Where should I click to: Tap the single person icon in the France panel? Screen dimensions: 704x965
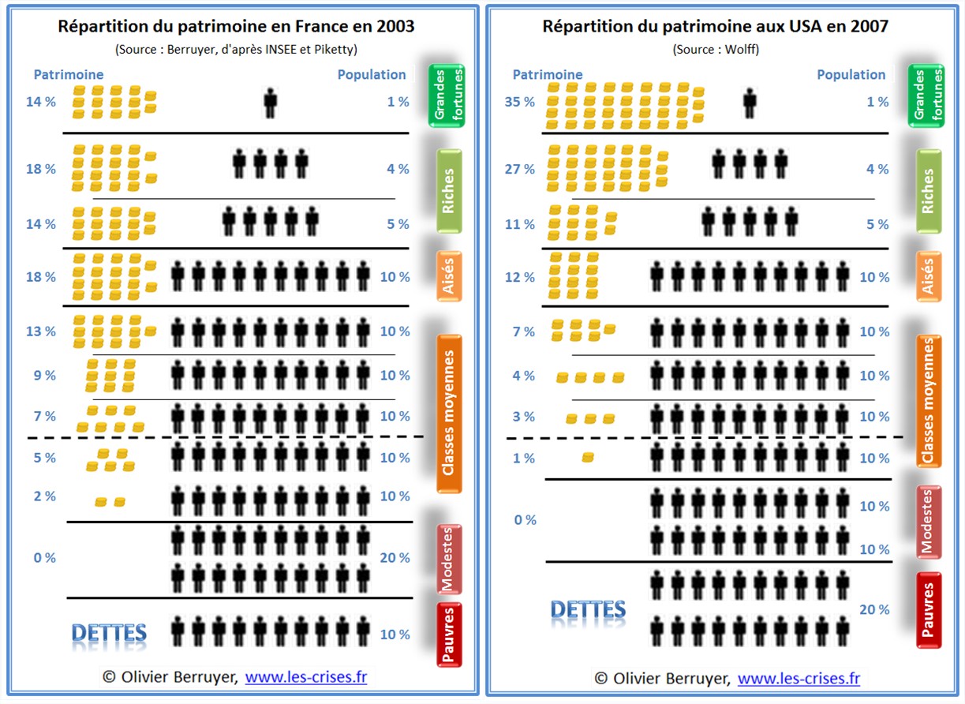pyautogui.click(x=270, y=103)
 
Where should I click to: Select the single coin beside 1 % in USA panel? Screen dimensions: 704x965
pyautogui.click(x=588, y=458)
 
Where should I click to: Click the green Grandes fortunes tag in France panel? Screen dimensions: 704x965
pyautogui.click(x=447, y=96)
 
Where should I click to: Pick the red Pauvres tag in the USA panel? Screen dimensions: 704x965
pyautogui.click(x=929, y=609)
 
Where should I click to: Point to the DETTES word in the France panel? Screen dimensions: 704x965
pyautogui.click(x=108, y=633)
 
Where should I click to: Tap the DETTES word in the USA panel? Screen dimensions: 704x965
pyautogui.click(x=588, y=609)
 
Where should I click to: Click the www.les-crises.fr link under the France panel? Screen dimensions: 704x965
pyautogui.click(x=305, y=677)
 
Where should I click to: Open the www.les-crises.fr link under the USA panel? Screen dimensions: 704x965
pyautogui.click(x=798, y=678)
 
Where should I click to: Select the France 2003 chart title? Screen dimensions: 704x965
pyautogui.click(x=236, y=26)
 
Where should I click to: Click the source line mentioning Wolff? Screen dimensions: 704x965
pyautogui.click(x=716, y=49)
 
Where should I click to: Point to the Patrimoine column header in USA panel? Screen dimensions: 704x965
pyautogui.click(x=548, y=75)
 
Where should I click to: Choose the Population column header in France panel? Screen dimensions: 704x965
pyautogui.click(x=372, y=75)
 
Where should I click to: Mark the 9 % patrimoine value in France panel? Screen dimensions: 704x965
pyautogui.click(x=45, y=376)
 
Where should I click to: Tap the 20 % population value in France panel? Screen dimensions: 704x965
pyautogui.click(x=395, y=558)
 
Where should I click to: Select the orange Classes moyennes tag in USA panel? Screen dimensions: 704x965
pyautogui.click(x=929, y=400)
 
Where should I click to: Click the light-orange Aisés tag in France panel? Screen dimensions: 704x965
pyautogui.click(x=447, y=277)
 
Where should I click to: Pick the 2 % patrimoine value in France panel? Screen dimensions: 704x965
pyautogui.click(x=45, y=496)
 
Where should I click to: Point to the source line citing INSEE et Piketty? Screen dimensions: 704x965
pyautogui.click(x=236, y=49)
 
